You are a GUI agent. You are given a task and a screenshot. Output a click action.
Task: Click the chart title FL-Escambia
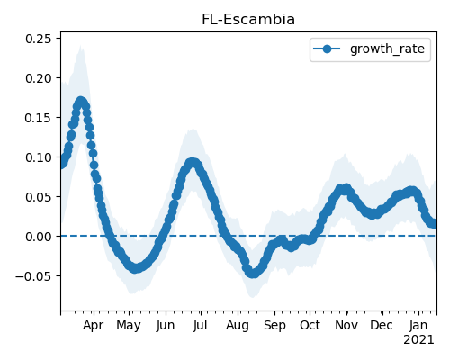(x=248, y=20)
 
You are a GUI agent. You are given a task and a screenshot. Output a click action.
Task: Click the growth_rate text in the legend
(x=387, y=49)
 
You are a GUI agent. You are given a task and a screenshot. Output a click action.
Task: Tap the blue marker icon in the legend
(x=327, y=49)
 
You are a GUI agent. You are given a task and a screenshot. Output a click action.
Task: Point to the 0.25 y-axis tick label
(x=38, y=39)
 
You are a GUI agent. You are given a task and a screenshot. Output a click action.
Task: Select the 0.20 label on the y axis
(x=38, y=78)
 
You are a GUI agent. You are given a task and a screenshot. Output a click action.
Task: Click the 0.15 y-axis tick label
(x=38, y=118)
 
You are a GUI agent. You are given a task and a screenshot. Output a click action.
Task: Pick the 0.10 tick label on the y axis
(x=38, y=157)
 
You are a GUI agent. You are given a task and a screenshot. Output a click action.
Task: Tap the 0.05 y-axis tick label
(x=38, y=197)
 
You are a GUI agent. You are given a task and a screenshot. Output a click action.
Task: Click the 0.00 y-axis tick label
(x=38, y=237)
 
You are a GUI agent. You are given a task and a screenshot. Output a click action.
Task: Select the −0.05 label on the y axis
(x=33, y=276)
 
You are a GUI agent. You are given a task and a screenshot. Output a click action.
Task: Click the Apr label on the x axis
(x=94, y=326)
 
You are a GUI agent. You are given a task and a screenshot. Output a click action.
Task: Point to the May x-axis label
(x=129, y=326)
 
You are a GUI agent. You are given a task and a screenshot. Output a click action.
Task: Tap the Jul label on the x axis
(x=200, y=325)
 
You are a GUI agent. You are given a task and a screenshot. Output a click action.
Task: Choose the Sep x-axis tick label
(x=274, y=326)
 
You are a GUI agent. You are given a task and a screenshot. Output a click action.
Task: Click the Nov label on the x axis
(x=346, y=325)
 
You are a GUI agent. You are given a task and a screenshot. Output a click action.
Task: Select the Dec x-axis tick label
(x=382, y=325)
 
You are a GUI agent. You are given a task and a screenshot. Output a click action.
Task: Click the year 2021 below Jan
(x=418, y=340)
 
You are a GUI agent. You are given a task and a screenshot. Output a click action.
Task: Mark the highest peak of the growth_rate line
(x=81, y=102)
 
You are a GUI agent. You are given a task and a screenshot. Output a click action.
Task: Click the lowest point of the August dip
(x=254, y=273)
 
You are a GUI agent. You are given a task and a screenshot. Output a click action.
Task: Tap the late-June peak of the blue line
(x=193, y=163)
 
